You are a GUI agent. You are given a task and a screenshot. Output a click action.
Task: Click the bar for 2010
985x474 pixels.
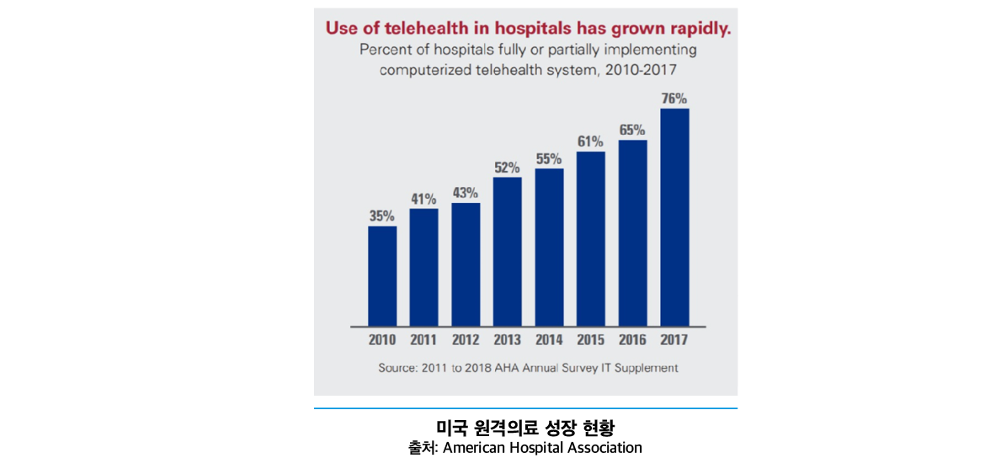pyautogui.click(x=382, y=276)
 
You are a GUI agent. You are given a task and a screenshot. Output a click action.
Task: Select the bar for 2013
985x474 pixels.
pyautogui.click(x=508, y=252)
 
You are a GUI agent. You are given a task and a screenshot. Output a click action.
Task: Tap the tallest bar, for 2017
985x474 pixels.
pyautogui.click(x=674, y=217)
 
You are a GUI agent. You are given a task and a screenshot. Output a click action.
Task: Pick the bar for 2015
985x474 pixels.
pyautogui.click(x=591, y=239)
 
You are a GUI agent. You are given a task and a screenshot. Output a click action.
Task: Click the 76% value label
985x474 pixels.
pyautogui.click(x=674, y=99)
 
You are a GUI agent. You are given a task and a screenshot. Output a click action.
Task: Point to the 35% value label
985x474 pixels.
pyautogui.click(x=382, y=216)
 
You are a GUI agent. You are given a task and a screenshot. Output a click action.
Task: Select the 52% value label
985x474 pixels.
pyautogui.click(x=508, y=168)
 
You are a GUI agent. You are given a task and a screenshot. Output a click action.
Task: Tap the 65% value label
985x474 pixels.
pyautogui.click(x=632, y=130)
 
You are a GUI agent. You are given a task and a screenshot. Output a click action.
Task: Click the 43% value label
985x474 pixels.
pyautogui.click(x=466, y=193)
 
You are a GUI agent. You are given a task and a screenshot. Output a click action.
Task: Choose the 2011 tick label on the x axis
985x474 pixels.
pyautogui.click(x=423, y=340)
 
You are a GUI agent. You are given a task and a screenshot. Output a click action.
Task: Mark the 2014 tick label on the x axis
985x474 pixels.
pyautogui.click(x=549, y=340)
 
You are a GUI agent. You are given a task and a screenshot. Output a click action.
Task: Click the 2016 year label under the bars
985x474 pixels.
pyautogui.click(x=632, y=340)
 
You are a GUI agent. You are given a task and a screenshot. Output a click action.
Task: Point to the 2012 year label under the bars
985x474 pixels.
pyautogui.click(x=466, y=340)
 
